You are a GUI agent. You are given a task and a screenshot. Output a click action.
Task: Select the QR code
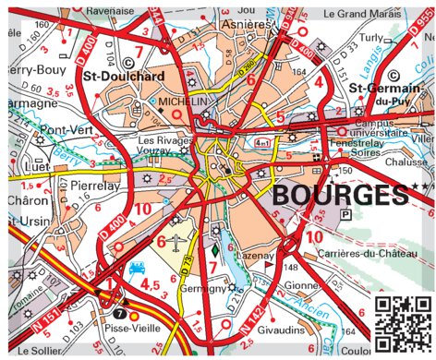click(403, 323)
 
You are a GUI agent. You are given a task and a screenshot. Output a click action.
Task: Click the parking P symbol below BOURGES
click(346, 214)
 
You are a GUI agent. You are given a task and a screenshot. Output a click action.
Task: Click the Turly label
click(369, 37)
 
